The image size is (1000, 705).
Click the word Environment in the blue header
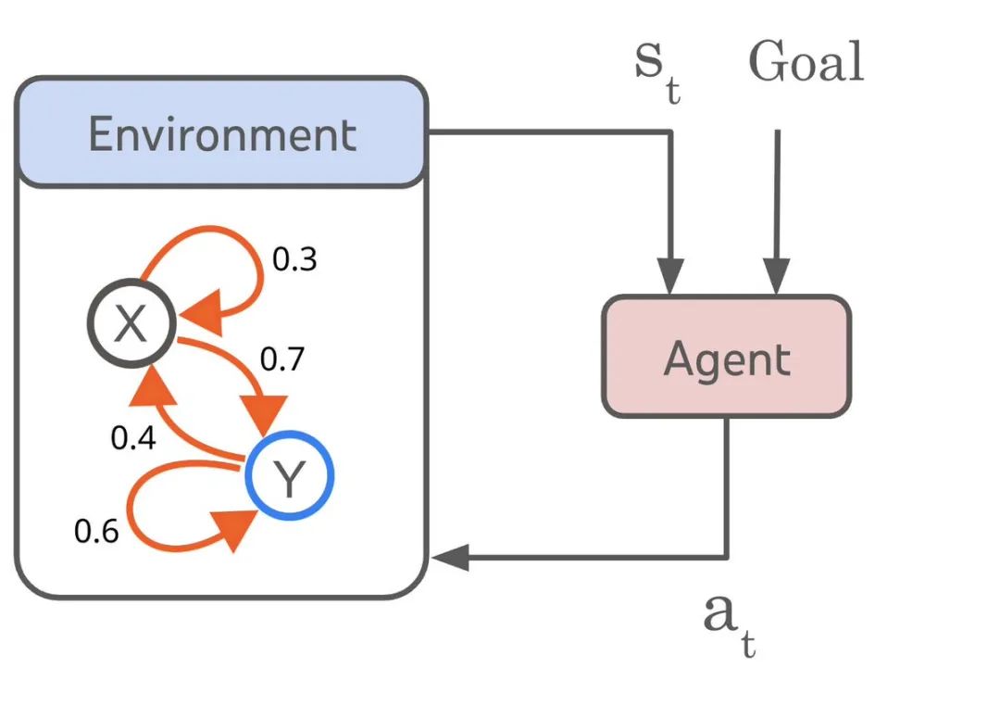pos(222,134)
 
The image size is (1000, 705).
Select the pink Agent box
pos(727,357)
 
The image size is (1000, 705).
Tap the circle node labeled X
pos(131,322)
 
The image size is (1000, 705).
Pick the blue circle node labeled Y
pos(290,475)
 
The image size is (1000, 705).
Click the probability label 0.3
pos(294,259)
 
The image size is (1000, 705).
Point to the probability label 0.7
pos(281,359)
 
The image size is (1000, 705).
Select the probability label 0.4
pos(133,438)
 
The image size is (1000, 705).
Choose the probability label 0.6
pos(96,532)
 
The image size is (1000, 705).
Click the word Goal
pos(806,61)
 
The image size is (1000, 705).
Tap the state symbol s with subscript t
pos(657,70)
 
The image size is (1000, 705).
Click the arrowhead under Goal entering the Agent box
pos(777,276)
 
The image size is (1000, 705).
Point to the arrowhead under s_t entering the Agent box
pos(670,276)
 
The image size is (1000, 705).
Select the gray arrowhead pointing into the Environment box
pos(450,558)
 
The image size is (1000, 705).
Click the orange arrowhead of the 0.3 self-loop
pos(203,312)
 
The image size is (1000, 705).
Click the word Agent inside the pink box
pos(727,359)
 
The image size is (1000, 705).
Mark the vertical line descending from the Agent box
pos(727,488)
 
